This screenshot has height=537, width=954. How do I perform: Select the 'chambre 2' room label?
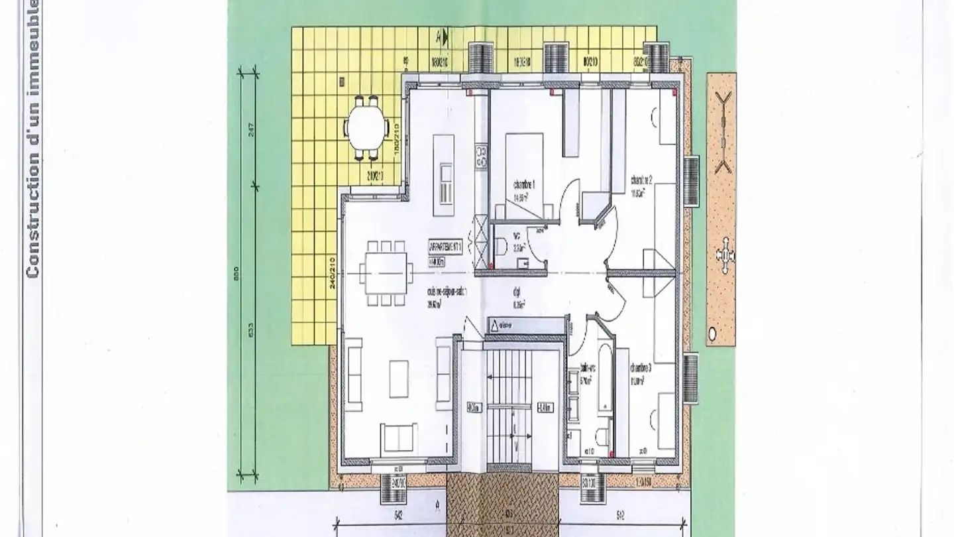[x=642, y=180]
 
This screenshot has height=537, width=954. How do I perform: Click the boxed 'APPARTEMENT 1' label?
[x=445, y=247]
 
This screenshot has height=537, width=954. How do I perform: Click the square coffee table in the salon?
[x=399, y=378]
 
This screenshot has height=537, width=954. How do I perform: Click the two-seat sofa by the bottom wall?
[x=399, y=438]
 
